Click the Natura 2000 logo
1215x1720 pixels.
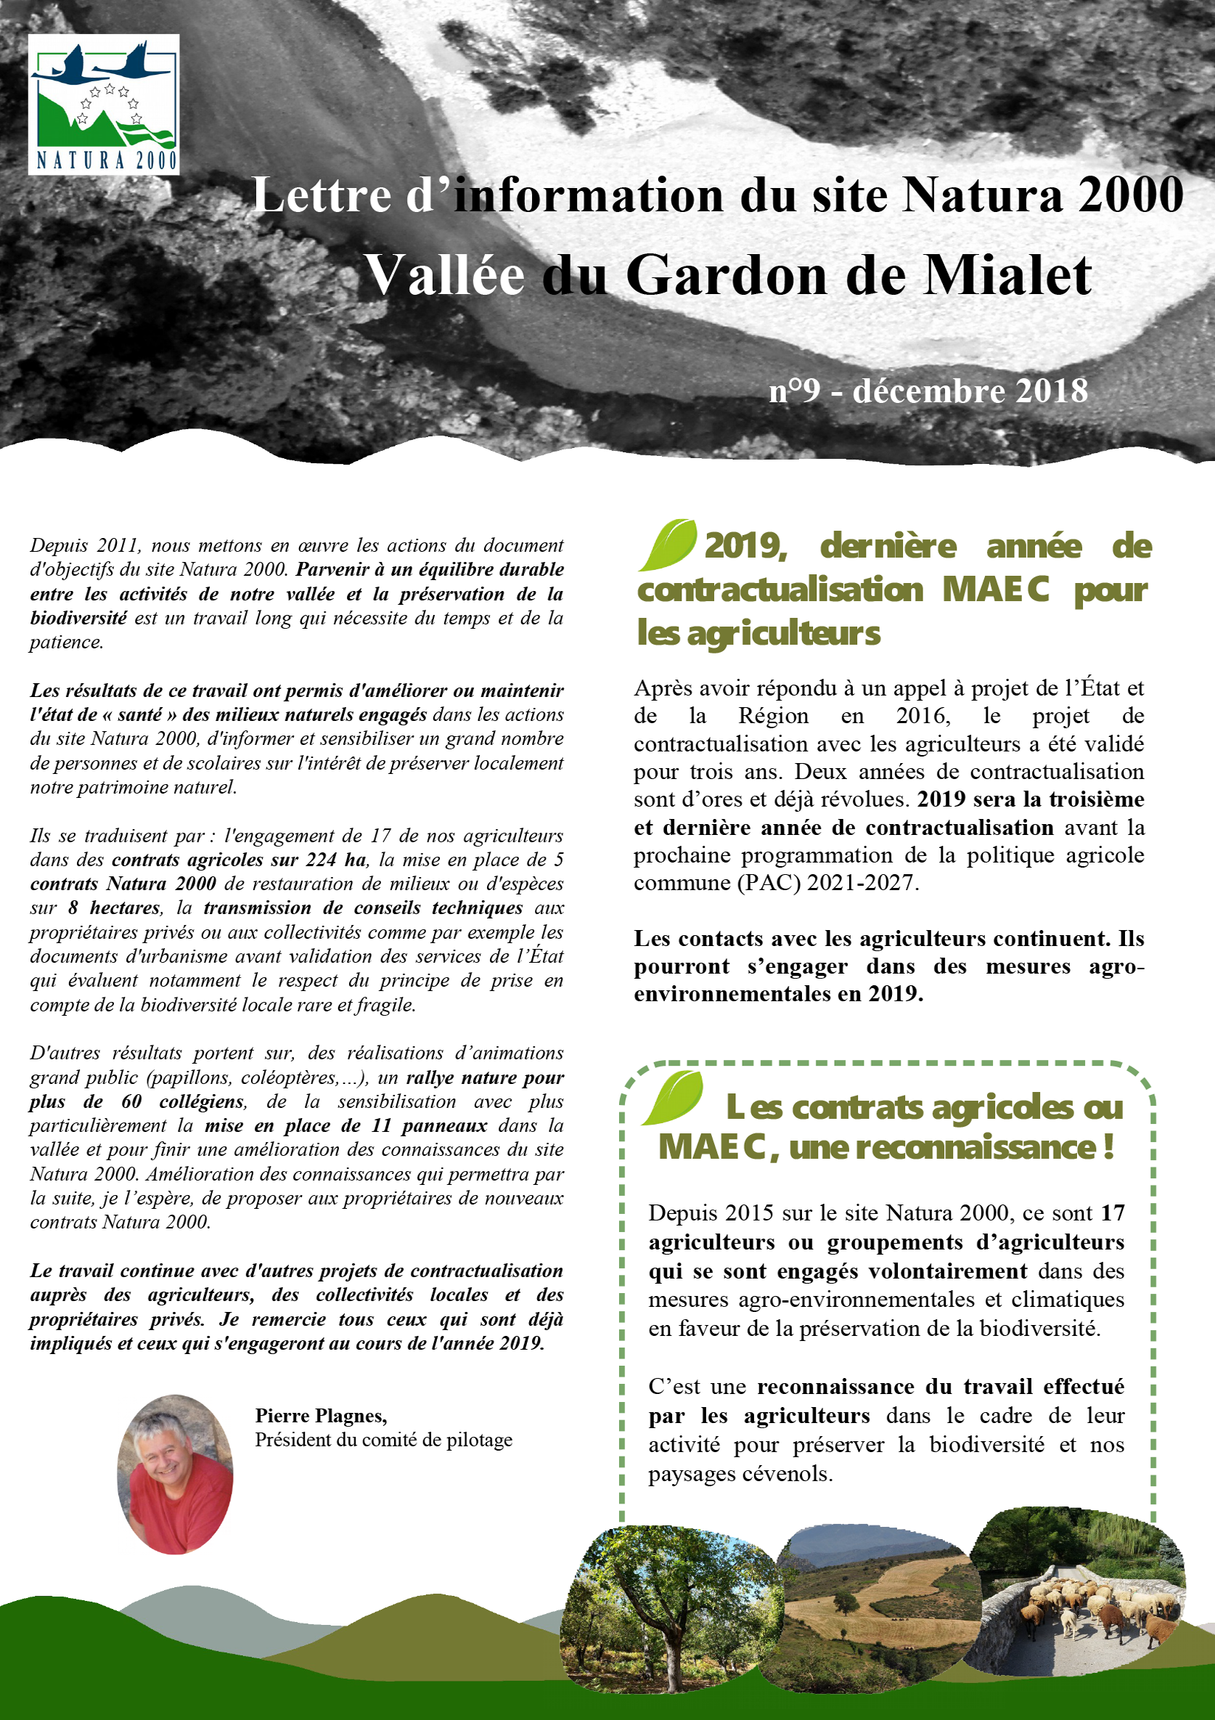103,104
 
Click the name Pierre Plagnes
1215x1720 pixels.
321,1415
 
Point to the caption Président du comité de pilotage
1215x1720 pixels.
383,1440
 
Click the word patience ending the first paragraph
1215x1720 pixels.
65,642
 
